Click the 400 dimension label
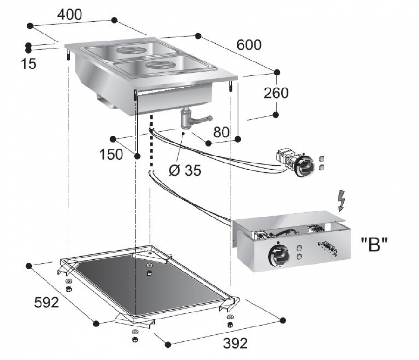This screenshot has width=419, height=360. pyautogui.click(x=69, y=14)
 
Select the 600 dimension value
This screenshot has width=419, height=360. pyautogui.click(x=249, y=45)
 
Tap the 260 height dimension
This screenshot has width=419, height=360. pyautogui.click(x=276, y=93)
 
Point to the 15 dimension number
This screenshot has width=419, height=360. pyautogui.click(x=28, y=64)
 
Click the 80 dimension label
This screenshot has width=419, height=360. pyautogui.click(x=221, y=132)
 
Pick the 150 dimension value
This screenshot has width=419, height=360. pyautogui.click(x=112, y=154)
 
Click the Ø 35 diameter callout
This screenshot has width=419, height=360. pyautogui.click(x=185, y=170)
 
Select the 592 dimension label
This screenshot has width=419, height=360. pyautogui.click(x=47, y=302)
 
